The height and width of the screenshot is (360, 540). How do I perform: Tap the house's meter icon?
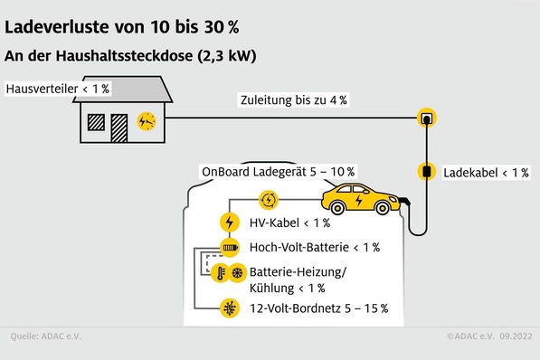click(146, 120)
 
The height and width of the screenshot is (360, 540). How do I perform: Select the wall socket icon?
click(424, 118)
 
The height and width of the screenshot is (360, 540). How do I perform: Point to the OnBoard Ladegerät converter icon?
click(268, 199)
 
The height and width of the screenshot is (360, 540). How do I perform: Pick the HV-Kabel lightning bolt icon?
click(229, 222)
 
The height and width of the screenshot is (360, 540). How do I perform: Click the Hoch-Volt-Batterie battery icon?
click(229, 247)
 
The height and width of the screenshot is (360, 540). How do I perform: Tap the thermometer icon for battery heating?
click(220, 272)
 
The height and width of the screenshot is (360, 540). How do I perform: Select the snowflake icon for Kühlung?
click(238, 272)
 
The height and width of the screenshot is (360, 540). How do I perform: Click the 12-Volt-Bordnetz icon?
click(229, 308)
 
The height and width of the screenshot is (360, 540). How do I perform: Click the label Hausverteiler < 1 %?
click(57, 89)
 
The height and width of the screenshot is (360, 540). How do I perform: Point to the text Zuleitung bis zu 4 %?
click(293, 99)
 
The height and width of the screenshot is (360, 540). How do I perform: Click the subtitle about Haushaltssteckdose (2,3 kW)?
click(130, 56)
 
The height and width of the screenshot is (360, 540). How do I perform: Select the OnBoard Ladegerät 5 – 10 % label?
click(278, 172)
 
